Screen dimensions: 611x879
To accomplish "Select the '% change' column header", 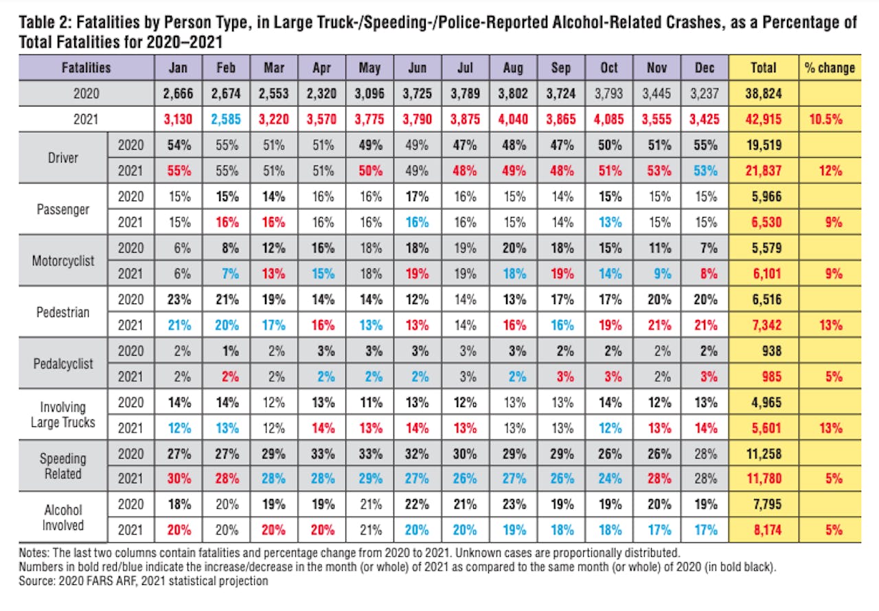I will point(830,67).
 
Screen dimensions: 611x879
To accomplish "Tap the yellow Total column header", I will point(764,67).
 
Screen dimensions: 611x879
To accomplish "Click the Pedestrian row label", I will point(63,312).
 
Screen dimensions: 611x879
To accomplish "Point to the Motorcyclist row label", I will point(63,261).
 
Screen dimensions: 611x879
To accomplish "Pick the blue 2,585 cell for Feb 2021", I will point(226,119).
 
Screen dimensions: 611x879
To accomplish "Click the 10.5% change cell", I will point(830,119).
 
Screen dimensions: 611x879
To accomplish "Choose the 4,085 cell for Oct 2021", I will point(608,119).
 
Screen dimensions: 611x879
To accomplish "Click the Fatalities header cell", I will point(87,67).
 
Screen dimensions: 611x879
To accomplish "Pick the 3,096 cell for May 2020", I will point(370,93).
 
